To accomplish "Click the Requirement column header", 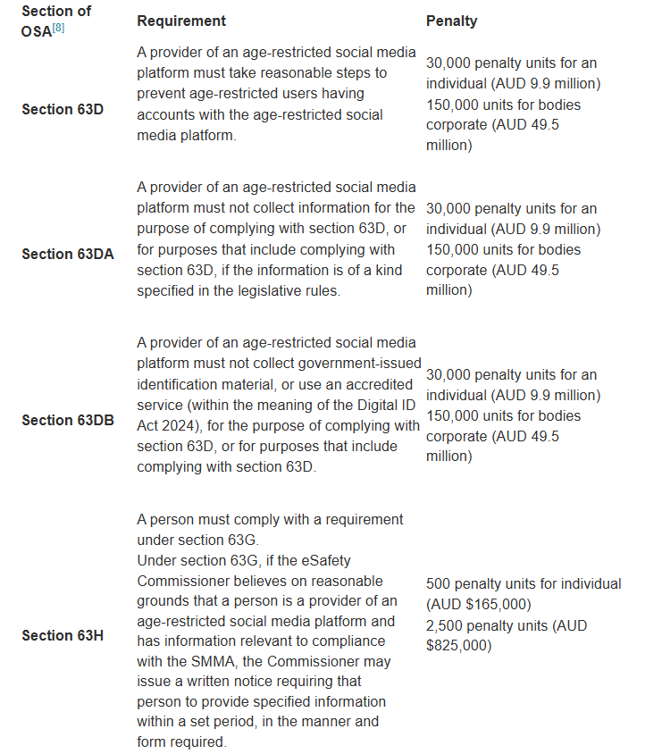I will point(181,21).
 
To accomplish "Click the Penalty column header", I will point(451,21).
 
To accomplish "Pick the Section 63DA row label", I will point(67,254).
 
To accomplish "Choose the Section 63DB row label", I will point(67,420).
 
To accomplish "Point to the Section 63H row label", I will point(62,635).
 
